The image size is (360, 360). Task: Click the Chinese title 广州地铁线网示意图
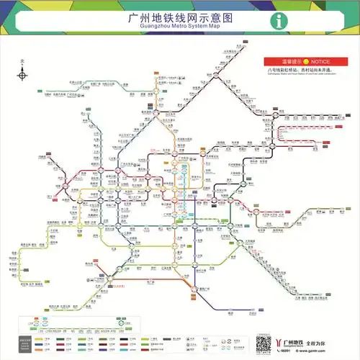179,16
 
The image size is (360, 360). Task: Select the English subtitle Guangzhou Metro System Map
179,27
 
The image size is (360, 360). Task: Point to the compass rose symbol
24,74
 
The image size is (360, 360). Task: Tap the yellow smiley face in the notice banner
304,63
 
